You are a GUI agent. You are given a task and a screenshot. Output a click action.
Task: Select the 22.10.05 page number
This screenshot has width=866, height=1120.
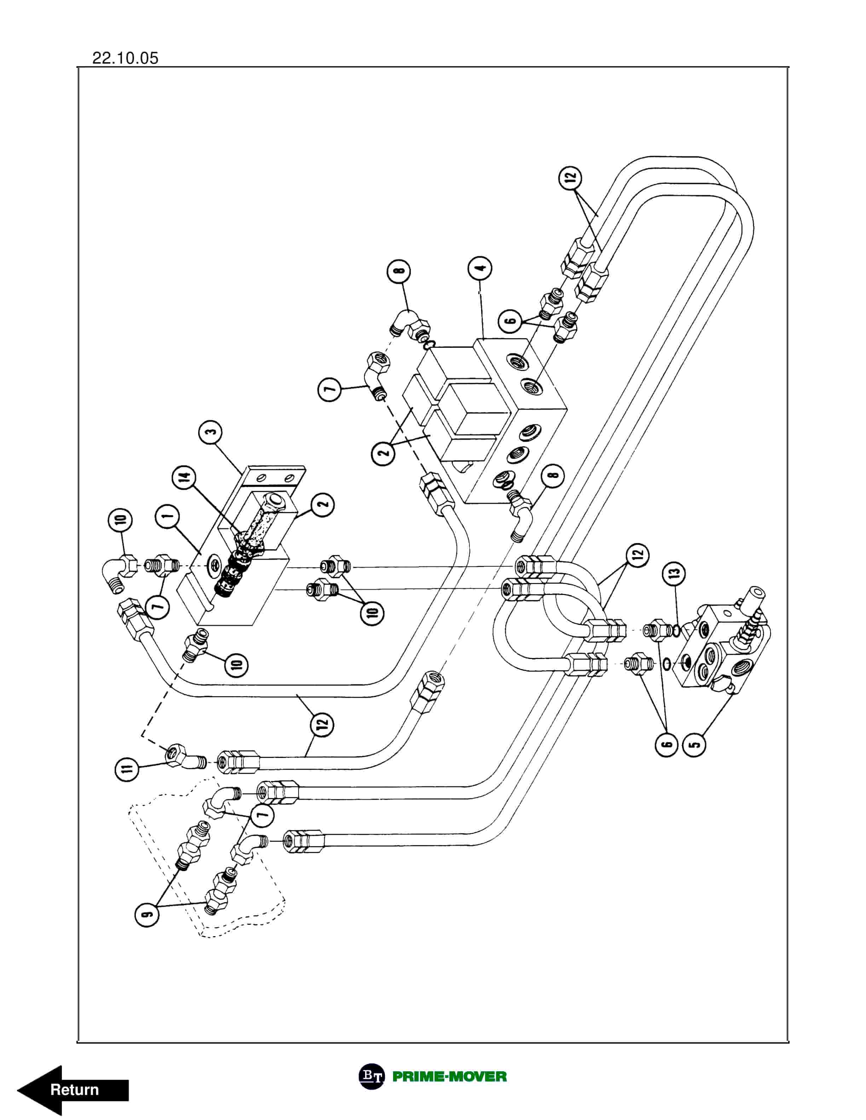(125, 58)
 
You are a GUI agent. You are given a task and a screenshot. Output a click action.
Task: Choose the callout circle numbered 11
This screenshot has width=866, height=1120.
(127, 768)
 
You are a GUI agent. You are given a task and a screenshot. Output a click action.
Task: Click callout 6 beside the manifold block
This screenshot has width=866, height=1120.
(511, 321)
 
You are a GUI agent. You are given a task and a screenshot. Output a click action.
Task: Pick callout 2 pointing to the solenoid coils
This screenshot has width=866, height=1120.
(384, 453)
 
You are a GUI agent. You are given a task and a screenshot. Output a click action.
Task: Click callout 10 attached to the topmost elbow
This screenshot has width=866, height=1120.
(120, 520)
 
